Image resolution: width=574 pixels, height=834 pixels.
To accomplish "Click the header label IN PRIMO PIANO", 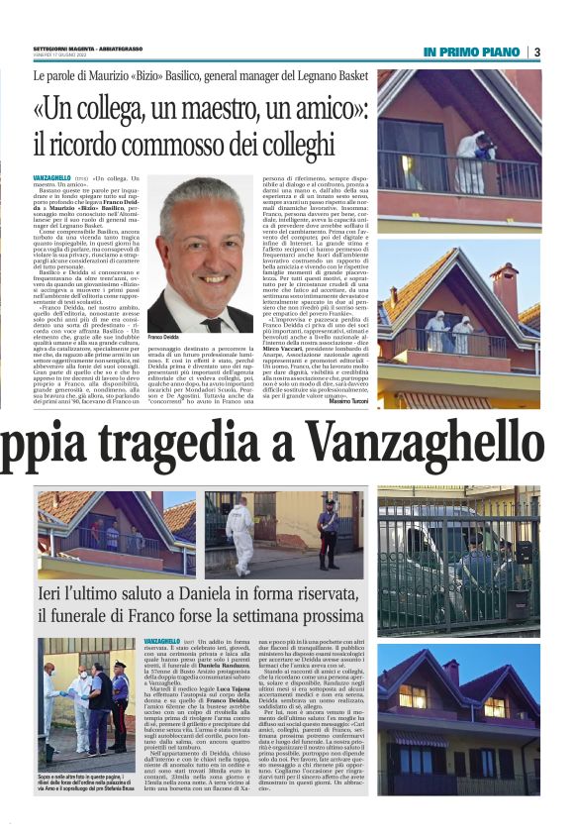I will point(473,52).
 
